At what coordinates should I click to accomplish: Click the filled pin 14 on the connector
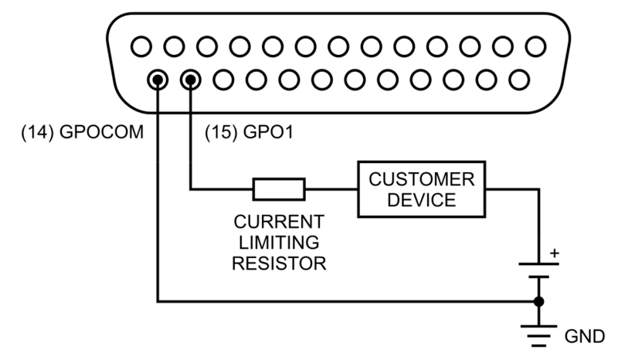tap(158, 79)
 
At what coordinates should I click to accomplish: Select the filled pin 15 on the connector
tap(190, 79)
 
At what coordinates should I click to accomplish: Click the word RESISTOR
tap(279, 263)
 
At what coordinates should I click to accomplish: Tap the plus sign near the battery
tap(552, 253)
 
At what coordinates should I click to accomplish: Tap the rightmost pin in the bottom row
tap(518, 79)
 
